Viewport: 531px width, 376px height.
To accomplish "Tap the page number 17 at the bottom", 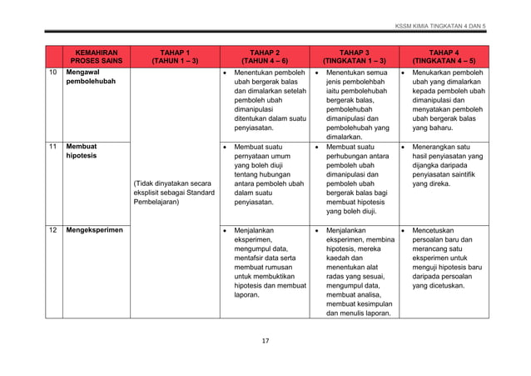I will pos(265,340).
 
